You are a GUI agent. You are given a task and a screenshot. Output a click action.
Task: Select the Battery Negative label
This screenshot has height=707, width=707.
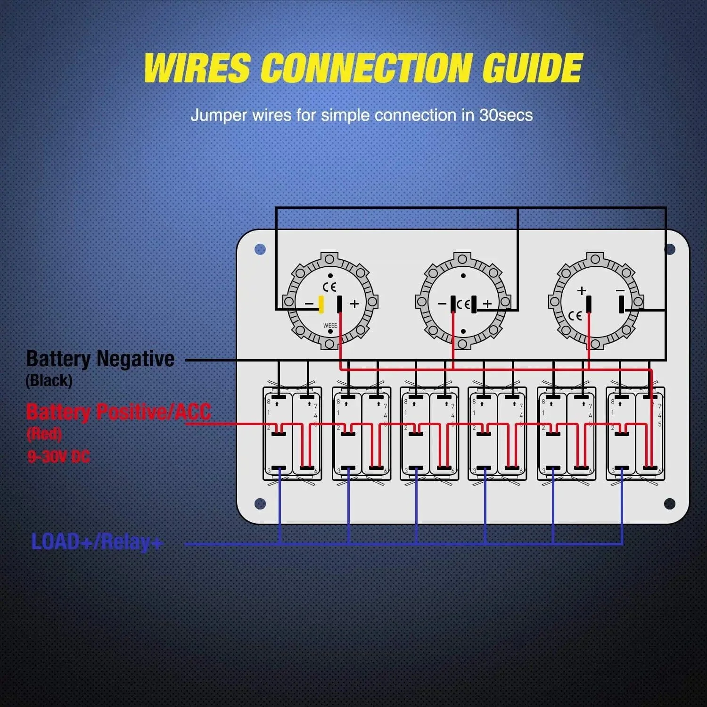coord(100,359)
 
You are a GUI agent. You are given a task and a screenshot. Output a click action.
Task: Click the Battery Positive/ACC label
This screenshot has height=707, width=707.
coord(118,411)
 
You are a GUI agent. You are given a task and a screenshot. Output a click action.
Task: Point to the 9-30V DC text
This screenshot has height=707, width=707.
coord(58,456)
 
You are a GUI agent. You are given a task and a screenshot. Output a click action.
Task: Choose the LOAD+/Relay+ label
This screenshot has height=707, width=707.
coord(97,542)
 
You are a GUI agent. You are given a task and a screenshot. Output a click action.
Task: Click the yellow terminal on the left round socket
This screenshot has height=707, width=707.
coord(321,304)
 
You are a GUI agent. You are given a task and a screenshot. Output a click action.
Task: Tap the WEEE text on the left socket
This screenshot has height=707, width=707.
coord(330,326)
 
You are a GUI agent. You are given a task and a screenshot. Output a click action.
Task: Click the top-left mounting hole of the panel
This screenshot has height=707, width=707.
coord(260,249)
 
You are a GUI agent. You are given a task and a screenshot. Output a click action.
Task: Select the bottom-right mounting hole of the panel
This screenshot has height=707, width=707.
coord(669,503)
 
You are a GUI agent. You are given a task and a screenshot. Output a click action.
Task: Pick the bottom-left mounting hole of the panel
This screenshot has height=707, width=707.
coord(260,503)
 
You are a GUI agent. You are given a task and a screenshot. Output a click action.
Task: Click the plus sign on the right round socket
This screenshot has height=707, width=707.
coord(582,290)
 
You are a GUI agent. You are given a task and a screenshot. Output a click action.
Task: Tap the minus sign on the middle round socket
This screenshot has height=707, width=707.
coord(442,304)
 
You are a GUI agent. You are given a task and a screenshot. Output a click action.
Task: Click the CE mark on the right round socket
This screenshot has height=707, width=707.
coord(575,316)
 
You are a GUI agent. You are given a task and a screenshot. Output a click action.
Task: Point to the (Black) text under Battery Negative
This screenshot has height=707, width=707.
coord(49,380)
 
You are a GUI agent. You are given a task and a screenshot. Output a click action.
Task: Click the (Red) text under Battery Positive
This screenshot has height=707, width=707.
coord(44,434)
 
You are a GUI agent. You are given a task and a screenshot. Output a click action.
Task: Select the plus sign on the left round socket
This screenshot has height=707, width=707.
coord(354,304)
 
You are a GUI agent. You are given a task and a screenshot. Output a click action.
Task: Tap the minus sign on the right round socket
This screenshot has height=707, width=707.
coord(620,290)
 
